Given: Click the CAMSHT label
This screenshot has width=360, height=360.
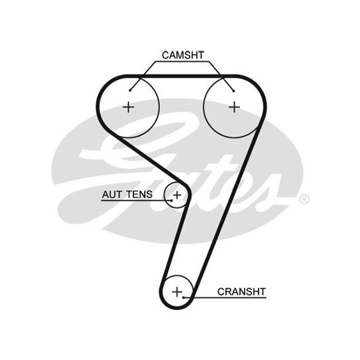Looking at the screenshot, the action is (183, 55).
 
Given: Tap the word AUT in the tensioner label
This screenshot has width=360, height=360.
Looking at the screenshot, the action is (112, 195).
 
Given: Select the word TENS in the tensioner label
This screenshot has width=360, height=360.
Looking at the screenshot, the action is (139, 195).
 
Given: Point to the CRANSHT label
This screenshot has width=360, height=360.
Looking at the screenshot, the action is (241, 292).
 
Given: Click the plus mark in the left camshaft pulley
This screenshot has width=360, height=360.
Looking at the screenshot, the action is (129, 107).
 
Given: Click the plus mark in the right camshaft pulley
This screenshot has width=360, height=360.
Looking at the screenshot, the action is (235, 107).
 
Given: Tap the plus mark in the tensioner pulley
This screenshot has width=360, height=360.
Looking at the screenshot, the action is (177, 195).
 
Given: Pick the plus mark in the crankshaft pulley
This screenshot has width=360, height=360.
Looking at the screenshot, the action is (177, 292).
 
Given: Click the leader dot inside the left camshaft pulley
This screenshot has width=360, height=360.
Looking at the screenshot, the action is (130, 91).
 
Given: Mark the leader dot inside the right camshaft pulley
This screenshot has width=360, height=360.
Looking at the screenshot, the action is (233, 91).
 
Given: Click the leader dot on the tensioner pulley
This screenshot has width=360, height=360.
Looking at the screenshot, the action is (171, 201).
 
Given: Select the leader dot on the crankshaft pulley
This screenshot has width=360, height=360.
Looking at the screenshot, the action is (184, 297).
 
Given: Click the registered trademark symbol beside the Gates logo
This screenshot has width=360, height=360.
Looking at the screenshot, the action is (304, 199).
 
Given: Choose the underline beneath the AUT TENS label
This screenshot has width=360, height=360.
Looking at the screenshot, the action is (137, 201).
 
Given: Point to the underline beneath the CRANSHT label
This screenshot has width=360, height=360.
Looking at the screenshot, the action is (225, 298).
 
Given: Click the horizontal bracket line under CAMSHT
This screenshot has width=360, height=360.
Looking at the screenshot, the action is (182, 61).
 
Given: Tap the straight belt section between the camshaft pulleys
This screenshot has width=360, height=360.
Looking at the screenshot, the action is (181, 76).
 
